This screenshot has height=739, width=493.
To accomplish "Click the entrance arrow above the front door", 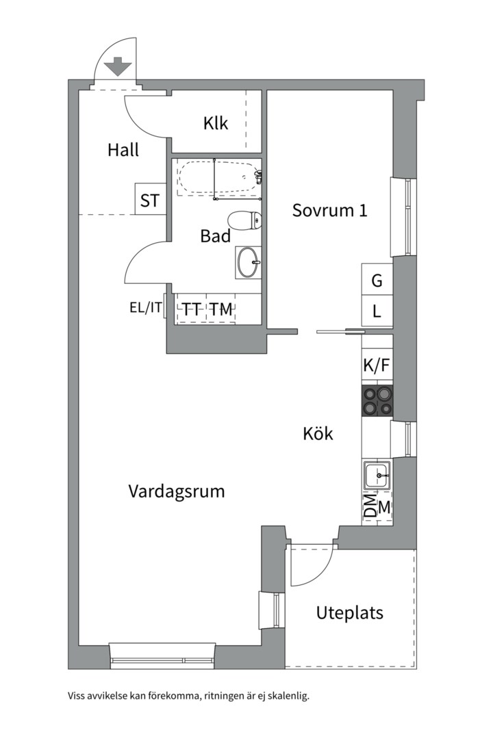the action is (118, 66).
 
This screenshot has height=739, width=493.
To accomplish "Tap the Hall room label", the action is (123, 150).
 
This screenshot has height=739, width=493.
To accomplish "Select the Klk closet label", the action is (216, 123).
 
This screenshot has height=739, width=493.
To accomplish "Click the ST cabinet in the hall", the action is (151, 199).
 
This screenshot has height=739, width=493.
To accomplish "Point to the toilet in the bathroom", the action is (244, 220).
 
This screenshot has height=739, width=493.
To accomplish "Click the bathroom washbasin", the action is (248, 263).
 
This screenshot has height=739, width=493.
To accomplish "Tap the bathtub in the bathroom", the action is (218, 177).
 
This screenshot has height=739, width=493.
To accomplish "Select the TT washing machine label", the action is (192, 309).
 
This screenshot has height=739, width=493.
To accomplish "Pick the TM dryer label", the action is (221, 309).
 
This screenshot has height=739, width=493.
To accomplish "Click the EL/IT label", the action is (146, 308).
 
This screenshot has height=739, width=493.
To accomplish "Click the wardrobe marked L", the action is (377, 311).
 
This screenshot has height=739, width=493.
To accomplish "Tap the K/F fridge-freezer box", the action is (377, 364).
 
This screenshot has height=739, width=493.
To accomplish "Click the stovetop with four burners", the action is (377, 400).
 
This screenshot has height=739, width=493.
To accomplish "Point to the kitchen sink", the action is (377, 476).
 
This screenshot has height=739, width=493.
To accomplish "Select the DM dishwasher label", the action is (371, 506).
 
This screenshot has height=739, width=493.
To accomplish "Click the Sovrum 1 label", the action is (329, 210).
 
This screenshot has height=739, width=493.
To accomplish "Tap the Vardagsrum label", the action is (177, 491).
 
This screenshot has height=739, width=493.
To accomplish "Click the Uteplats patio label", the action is (350, 613).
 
